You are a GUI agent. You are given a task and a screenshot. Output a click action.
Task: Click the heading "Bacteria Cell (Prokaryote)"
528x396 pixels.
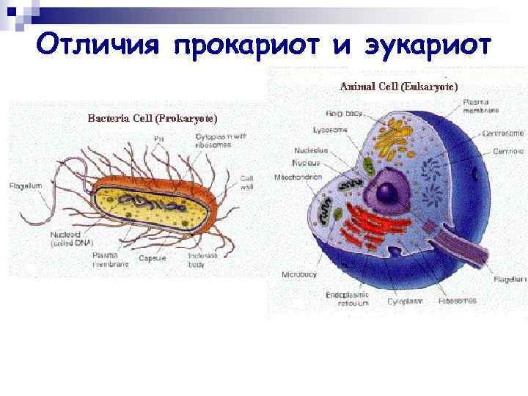(x=153, y=118)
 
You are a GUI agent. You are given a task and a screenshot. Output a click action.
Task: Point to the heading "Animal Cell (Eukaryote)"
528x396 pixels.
(x=399, y=87)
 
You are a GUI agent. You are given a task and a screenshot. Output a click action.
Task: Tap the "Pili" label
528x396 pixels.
(x=158, y=139)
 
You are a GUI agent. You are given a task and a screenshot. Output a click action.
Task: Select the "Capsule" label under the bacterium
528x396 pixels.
(x=152, y=258)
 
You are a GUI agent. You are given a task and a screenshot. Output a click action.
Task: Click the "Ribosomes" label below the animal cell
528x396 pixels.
(x=458, y=300)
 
